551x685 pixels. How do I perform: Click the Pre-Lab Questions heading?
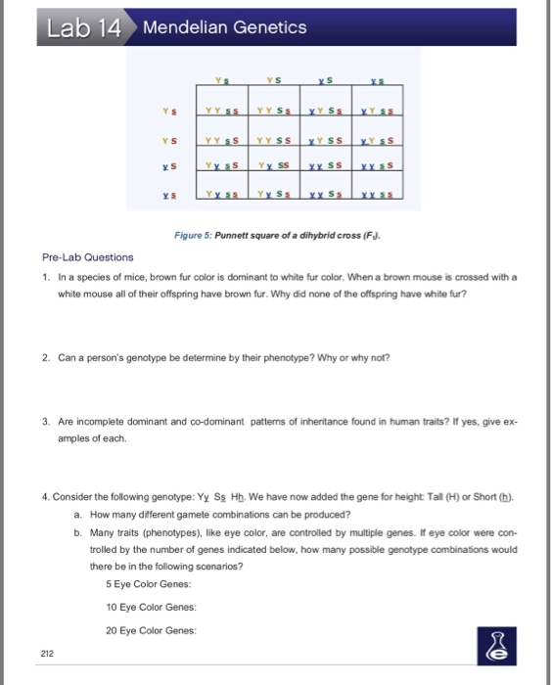click(x=88, y=258)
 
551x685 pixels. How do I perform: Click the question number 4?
click(x=46, y=495)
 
